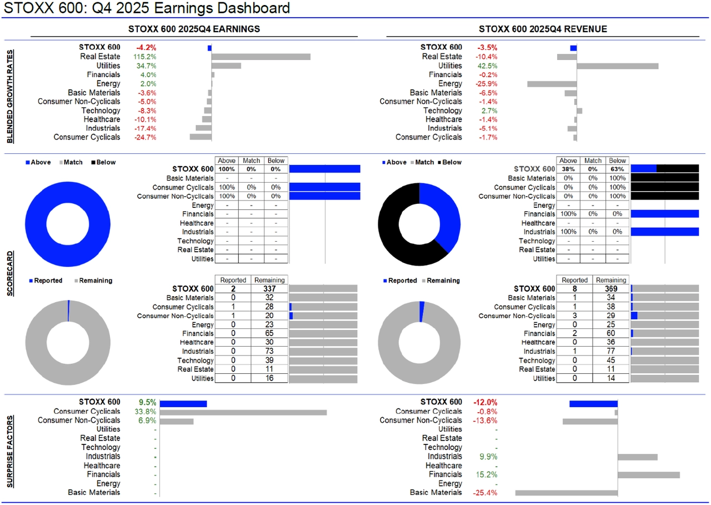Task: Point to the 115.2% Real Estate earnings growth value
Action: [145, 57]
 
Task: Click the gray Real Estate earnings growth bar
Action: [261, 57]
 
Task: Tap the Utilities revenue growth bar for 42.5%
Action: [617, 66]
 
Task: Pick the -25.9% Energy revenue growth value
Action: [486, 83]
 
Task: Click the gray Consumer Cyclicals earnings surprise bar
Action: [243, 412]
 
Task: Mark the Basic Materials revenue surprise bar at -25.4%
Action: [566, 492]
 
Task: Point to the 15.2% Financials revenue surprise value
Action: [487, 474]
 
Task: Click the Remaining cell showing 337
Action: [269, 289]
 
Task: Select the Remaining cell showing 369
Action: [611, 289]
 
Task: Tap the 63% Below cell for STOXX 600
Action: [617, 169]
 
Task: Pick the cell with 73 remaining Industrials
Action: [269, 352]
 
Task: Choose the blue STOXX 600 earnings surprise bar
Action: [183, 403]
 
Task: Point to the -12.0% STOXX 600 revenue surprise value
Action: [485, 402]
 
